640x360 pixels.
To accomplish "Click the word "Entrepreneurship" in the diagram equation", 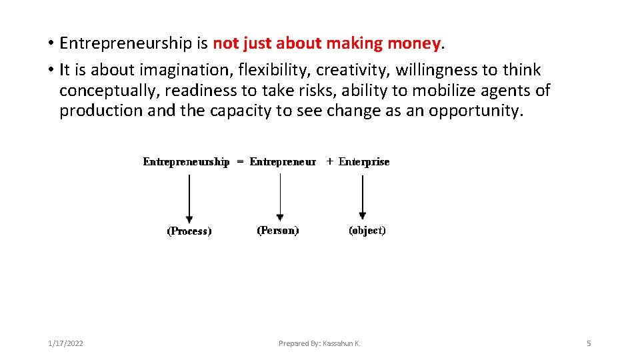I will point(186,162).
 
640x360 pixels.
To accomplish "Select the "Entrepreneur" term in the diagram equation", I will point(283,162).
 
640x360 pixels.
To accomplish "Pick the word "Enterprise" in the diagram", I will point(364,162).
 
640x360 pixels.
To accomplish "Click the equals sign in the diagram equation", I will point(239,162).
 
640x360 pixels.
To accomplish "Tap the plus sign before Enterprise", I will point(330,162).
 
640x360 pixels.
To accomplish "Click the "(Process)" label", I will point(189,231).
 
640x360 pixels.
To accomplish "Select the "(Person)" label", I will point(278,231).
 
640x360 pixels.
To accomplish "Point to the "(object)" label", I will point(367,231).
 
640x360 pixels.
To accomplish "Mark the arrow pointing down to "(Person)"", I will point(280,197).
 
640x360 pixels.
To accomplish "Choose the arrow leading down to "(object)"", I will point(362,196).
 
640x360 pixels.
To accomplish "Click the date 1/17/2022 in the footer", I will point(65,343).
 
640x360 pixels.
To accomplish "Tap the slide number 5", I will point(589,343).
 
